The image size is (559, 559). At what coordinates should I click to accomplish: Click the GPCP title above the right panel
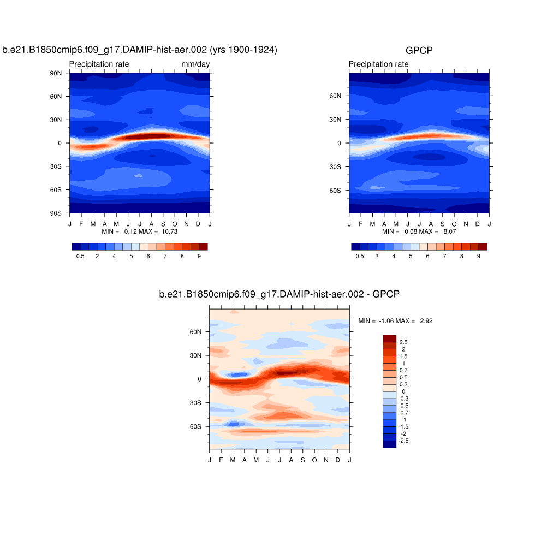[419, 51]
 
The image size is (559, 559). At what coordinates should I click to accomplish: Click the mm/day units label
[195, 64]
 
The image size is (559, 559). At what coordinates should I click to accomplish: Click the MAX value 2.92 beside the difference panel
[426, 321]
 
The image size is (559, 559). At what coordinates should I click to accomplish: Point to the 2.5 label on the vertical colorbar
[403, 342]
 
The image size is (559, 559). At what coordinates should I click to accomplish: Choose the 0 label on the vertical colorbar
[403, 391]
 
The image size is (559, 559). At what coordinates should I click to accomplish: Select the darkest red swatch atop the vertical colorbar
[389, 338]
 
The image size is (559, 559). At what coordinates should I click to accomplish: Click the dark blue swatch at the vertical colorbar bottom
[389, 444]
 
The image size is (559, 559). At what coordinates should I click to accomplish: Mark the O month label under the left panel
[175, 224]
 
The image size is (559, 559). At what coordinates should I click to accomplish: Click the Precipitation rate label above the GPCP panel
[378, 64]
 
